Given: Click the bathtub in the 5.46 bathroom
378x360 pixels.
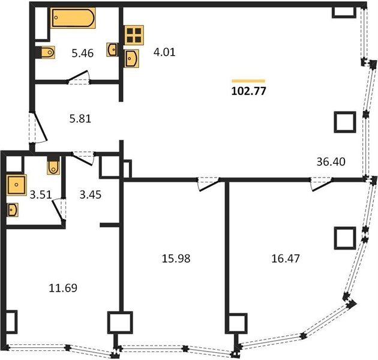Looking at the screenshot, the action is [x=73, y=18].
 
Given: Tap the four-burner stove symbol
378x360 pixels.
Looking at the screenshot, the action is [x=134, y=35].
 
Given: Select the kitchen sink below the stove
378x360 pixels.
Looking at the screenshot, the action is [x=131, y=59].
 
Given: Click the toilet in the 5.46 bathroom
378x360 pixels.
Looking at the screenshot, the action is [x=48, y=52].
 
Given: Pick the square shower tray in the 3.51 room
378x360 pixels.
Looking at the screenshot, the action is [x=16, y=185].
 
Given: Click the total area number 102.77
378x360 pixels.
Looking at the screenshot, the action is [x=248, y=91].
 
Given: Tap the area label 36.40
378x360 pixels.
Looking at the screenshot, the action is [x=331, y=162].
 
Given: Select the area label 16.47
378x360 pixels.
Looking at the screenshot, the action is [x=286, y=259].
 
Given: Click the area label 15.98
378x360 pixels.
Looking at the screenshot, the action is [x=176, y=259].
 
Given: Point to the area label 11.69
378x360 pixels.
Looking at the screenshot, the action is [x=63, y=288].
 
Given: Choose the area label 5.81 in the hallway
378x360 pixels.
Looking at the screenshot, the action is [x=80, y=119].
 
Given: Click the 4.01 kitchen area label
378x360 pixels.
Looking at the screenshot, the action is [x=164, y=52].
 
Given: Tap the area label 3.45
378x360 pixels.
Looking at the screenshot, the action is [x=91, y=195].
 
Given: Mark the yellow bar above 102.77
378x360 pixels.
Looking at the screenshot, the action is [x=248, y=81].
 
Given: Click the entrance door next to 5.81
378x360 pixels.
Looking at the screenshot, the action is [x=38, y=128].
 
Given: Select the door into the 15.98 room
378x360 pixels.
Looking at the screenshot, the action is [x=208, y=184].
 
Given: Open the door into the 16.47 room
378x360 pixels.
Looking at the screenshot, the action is [x=322, y=184].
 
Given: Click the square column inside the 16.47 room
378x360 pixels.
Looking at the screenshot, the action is [x=345, y=238].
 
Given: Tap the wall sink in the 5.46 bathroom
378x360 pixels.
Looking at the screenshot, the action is [x=112, y=50].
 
